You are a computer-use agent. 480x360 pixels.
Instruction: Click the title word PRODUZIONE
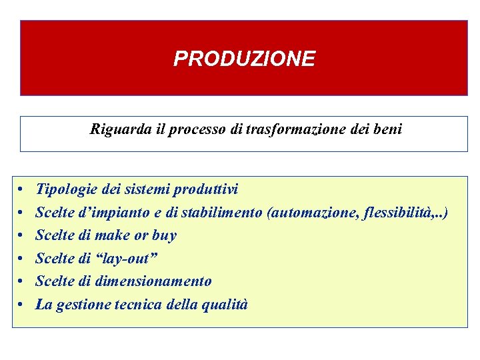coord(244,59)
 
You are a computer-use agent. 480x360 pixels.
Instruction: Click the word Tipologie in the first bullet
coord(64,190)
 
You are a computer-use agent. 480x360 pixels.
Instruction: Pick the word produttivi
coord(206,190)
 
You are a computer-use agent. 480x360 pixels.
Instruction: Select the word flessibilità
coord(398,213)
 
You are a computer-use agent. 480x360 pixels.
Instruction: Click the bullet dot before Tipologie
coord(22,191)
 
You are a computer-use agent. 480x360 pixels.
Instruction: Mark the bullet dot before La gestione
coord(22,305)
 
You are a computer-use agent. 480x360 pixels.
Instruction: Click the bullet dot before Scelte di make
coord(22,236)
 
